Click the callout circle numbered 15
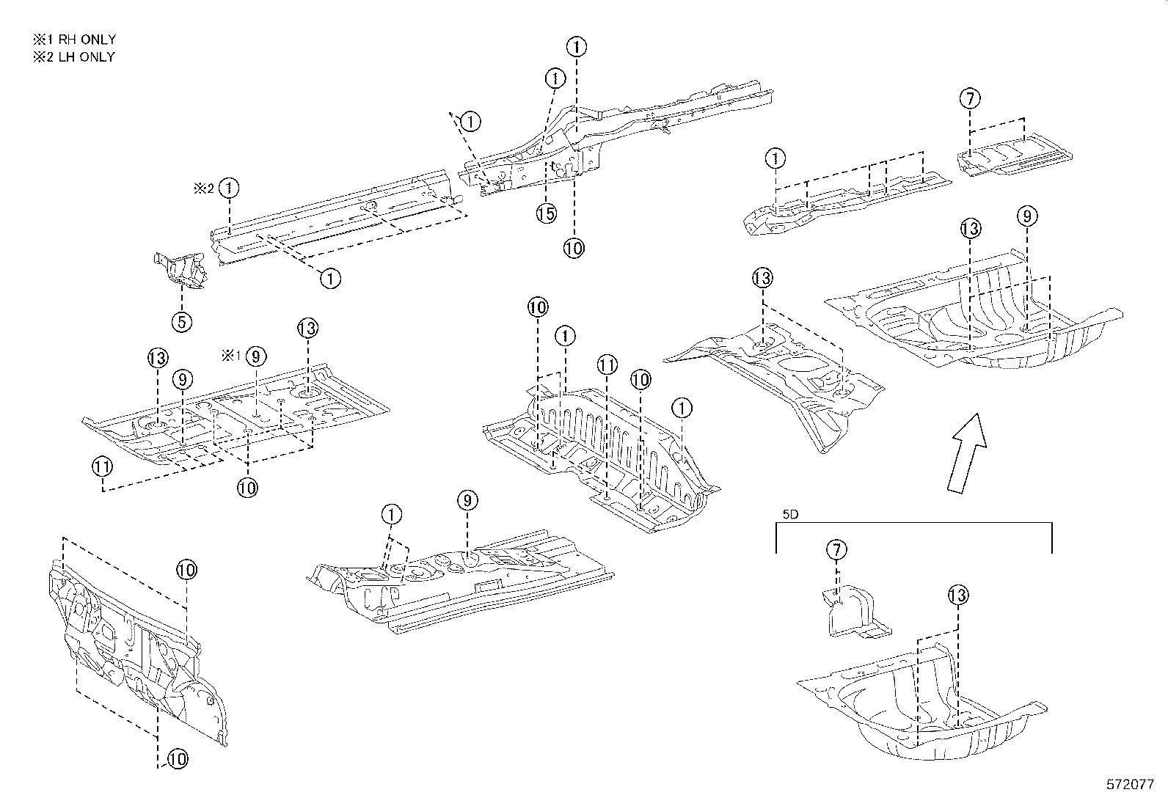pos(546,213)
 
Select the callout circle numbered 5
pos(182,320)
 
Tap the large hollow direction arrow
pos(966,452)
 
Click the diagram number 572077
pos(1131,784)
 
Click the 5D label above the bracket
pos(789,515)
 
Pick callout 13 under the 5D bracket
pos(957,595)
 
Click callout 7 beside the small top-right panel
pos(970,98)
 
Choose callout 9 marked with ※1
pos(255,356)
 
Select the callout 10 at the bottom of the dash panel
pos(178,760)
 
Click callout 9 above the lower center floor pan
pos(467,501)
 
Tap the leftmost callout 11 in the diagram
pos(102,465)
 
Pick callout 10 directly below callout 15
pos(574,248)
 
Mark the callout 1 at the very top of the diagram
pos(577,47)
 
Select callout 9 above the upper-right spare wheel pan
pos(1027,216)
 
